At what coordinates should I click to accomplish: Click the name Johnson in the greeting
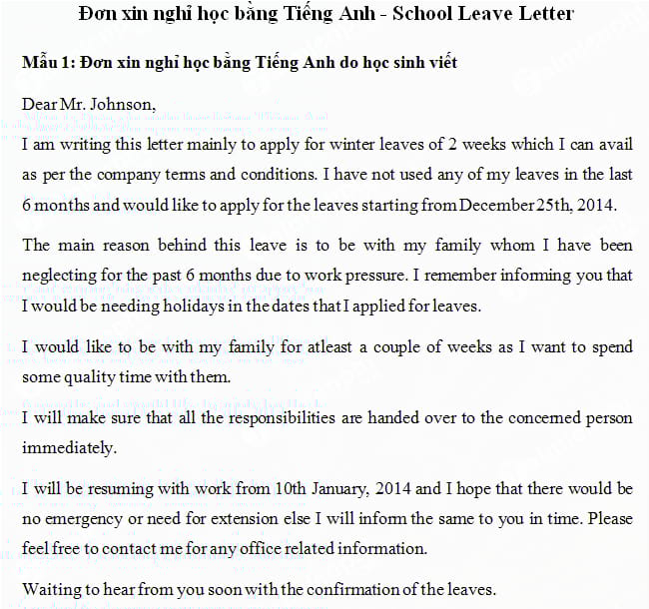click(x=122, y=104)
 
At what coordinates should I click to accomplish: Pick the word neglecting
click(x=60, y=275)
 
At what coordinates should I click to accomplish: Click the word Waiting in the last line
click(x=51, y=588)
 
